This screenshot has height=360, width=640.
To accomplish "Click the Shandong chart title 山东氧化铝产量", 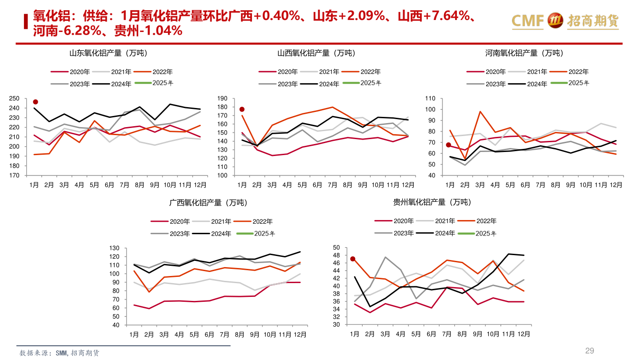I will pos(108,53).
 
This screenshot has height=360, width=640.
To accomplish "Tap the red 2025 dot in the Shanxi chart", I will pos(242,109).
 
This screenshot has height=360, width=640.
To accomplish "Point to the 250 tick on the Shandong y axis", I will pos(14,99).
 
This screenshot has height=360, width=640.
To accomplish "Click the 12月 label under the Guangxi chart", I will pos(300,334).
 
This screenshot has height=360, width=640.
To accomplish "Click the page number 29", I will pos(589,351).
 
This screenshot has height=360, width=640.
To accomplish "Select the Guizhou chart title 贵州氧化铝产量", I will pos(432,202).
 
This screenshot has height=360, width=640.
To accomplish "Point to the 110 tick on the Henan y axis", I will pos(429,99).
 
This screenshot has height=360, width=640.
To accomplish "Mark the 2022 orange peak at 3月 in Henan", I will pos(480,112).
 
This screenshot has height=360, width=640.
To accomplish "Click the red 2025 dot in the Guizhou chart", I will pos(353,259).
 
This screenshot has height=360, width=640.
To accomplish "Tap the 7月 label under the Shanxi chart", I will pos(332,184).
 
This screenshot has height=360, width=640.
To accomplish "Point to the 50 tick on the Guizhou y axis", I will pos(336,248).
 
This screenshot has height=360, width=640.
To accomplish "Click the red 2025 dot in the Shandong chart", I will pos(36,102).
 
